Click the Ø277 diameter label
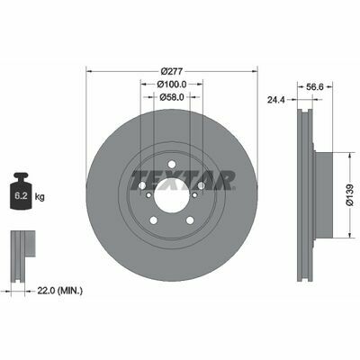click(x=172, y=71)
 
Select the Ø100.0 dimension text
click(x=172, y=85)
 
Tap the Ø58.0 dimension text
click(x=172, y=97)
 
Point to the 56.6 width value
click(x=314, y=86)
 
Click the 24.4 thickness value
click(x=276, y=100)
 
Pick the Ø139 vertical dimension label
click(x=350, y=195)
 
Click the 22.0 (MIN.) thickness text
click(x=59, y=290)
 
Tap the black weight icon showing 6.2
click(x=21, y=191)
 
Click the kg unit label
click(x=40, y=197)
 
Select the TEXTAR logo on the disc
click(x=183, y=180)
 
